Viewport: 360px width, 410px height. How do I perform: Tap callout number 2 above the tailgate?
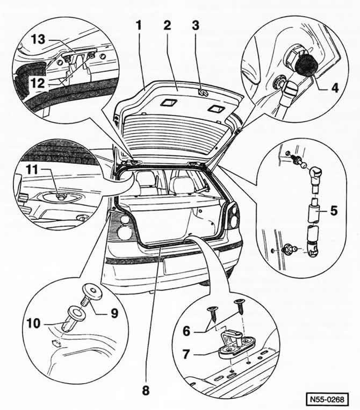click(168, 26)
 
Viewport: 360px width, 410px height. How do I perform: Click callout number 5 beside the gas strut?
click(333, 211)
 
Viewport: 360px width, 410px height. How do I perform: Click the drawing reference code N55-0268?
click(328, 399)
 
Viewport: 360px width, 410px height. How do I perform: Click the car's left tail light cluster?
click(123, 225)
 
